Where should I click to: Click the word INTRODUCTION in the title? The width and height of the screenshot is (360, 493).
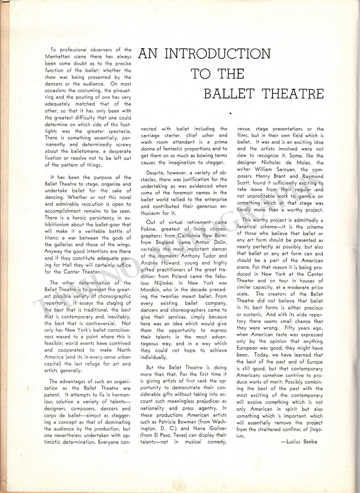pyautogui.click(x=217, y=54)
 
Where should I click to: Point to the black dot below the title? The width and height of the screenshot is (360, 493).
pyautogui.click(x=230, y=114)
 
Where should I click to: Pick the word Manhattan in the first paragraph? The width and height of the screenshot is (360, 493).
pyautogui.click(x=60, y=57)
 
